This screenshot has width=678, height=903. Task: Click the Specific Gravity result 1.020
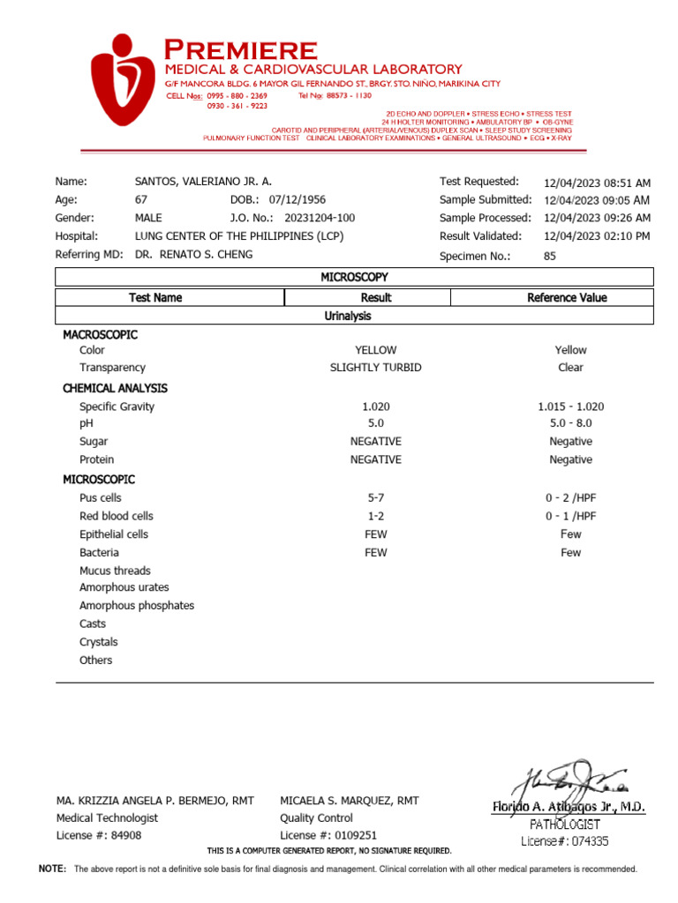tap(375, 407)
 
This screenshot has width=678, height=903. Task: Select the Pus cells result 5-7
tap(375, 498)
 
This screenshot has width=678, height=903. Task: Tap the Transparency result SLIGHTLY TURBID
tap(375, 368)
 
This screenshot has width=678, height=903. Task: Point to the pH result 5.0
tap(375, 424)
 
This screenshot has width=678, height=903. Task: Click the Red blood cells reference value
tap(570, 517)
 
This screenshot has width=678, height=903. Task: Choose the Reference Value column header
tap(567, 298)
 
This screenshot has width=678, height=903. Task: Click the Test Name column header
tap(155, 298)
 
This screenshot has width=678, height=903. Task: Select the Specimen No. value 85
tap(550, 257)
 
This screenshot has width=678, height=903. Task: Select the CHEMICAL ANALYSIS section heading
tap(115, 388)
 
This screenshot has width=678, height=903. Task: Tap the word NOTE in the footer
tap(52, 869)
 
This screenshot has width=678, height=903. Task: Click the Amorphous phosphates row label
tap(137, 606)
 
